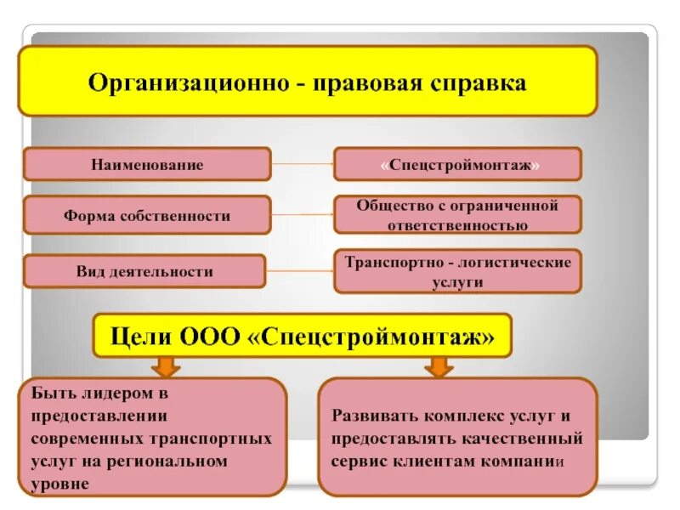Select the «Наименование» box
coord(147,165)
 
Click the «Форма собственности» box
coord(147,216)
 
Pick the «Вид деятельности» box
coord(144,272)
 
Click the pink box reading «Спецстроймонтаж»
coord(457,164)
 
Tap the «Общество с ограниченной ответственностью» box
coord(457,215)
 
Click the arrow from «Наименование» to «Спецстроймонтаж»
coord(302,162)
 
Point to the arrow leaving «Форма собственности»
coord(302,215)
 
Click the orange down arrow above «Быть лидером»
coord(167,366)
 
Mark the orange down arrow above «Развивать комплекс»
coord(439,366)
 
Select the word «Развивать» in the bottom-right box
coord(371,418)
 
